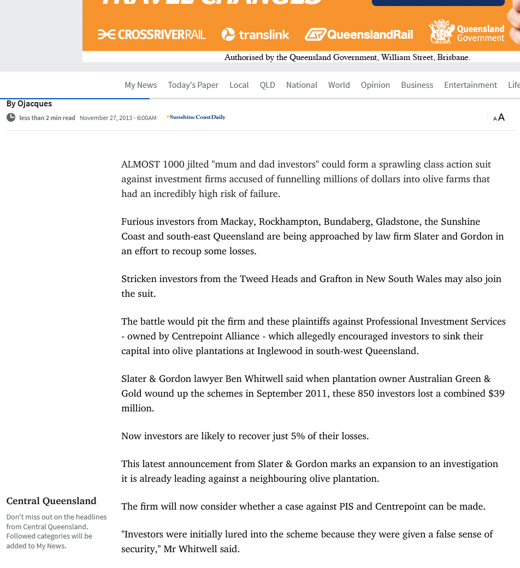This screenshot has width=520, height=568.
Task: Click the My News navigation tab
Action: tap(140, 85)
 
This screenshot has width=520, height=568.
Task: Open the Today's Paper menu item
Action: tap(193, 85)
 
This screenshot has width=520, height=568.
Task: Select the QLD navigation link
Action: tap(267, 85)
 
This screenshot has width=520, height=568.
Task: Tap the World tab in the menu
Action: tap(339, 85)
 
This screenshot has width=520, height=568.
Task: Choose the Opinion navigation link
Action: tap(375, 85)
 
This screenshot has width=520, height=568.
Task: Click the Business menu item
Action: tap(417, 85)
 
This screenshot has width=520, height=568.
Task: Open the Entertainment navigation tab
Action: tap(470, 85)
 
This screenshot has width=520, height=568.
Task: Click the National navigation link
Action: tap(302, 85)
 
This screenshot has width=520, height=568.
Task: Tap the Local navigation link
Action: tap(239, 85)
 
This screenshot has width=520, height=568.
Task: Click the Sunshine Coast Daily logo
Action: tap(196, 117)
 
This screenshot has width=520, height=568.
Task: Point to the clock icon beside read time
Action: tap(11, 117)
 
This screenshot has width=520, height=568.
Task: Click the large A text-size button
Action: tap(501, 117)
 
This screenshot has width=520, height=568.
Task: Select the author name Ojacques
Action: tap(34, 104)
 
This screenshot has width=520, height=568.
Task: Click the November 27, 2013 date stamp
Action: tap(118, 118)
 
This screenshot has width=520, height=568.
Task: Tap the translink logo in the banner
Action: tap(255, 35)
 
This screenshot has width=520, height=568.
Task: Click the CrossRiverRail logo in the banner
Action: tap(152, 35)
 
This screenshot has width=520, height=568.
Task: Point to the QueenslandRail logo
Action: tap(359, 35)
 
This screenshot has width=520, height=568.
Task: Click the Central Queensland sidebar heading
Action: tap(51, 501)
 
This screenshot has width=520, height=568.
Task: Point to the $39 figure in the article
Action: tap(496, 393)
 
